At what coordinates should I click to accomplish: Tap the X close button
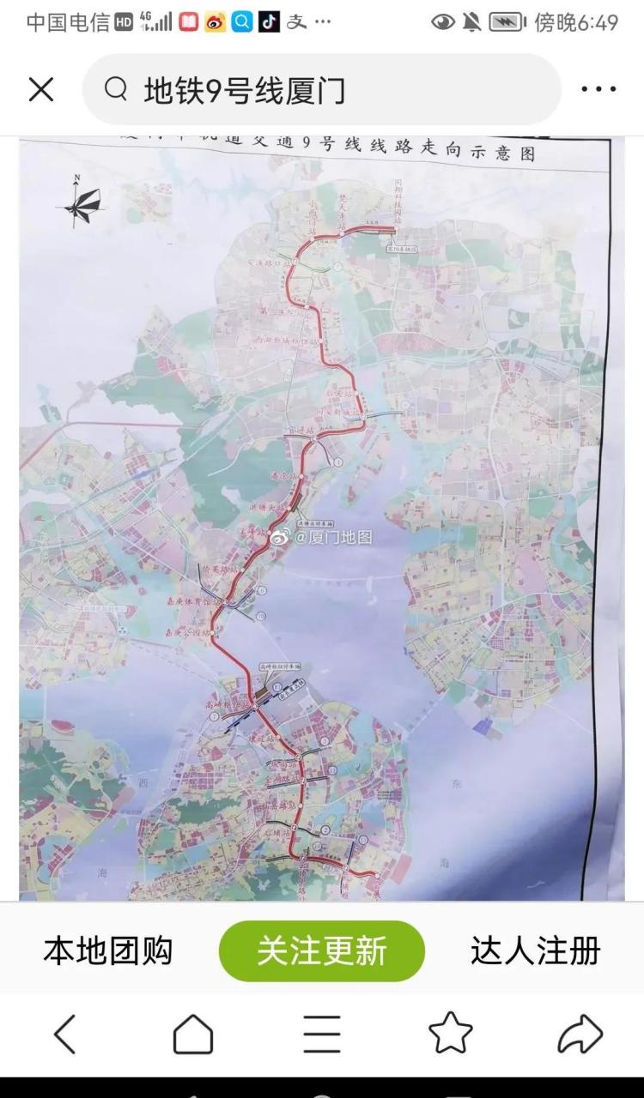41,89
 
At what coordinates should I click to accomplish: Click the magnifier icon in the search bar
116,89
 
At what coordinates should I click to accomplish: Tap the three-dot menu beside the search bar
598,89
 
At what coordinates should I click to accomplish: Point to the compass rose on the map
82,202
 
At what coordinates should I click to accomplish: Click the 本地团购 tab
108,950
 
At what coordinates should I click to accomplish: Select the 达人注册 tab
535,950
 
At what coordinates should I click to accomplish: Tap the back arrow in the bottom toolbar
64,1034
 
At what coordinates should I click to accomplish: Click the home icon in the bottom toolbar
193,1034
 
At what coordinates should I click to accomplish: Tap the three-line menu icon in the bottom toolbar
322,1034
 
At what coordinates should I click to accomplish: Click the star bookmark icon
451,1034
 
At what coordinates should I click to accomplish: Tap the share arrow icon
580,1034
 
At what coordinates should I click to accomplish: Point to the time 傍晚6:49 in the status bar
576,23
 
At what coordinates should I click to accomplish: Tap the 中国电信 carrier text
68,23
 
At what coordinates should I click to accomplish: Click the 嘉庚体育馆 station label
193,603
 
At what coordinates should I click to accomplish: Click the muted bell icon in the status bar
471,23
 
